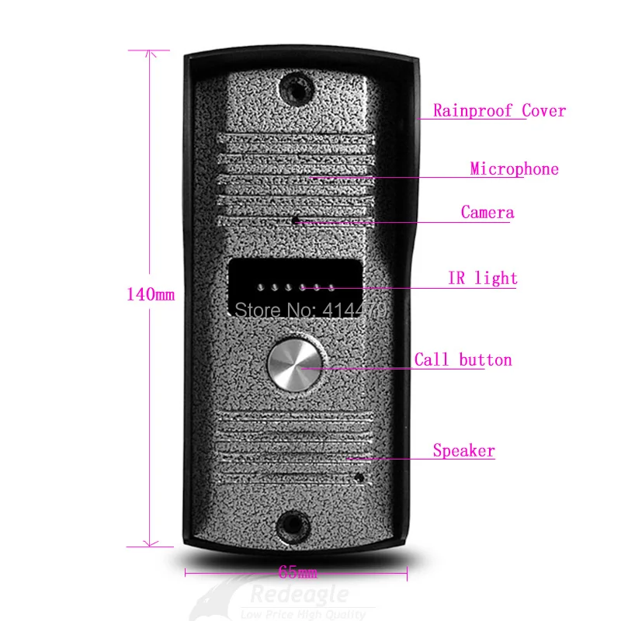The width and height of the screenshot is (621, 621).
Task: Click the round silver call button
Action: [x=296, y=364]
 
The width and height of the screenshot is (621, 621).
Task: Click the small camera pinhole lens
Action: [x=296, y=220]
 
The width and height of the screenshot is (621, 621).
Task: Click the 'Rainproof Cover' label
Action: [x=499, y=111]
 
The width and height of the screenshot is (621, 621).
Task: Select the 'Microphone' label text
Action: [x=514, y=169]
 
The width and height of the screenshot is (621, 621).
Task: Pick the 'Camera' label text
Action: [x=487, y=213]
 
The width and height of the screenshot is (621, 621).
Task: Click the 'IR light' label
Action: [x=482, y=279]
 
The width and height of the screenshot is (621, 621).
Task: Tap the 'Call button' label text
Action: [x=463, y=360]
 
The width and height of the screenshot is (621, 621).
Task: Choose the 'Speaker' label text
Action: [x=463, y=451]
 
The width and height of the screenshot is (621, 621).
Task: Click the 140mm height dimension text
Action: [x=151, y=295]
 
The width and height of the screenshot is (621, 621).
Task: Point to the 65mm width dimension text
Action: [x=297, y=574]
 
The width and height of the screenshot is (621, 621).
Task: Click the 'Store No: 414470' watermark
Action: [x=310, y=308]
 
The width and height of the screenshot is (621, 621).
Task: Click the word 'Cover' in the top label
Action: [x=543, y=111]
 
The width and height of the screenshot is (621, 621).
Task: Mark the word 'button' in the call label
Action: [x=485, y=360]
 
